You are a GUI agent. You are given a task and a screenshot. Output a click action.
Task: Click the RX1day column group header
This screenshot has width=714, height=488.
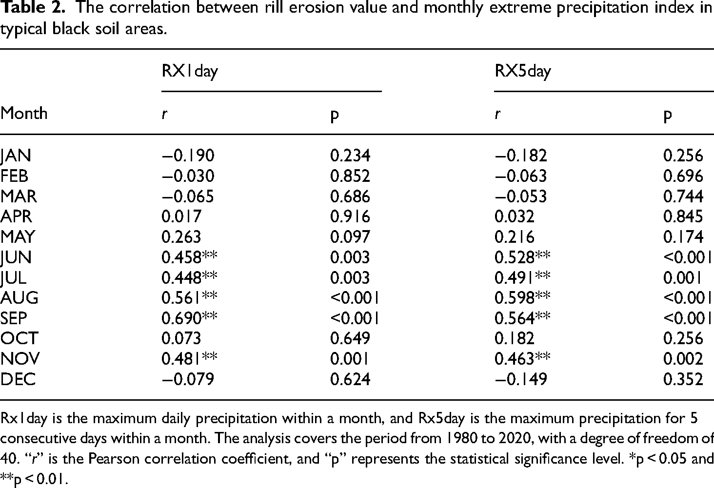point(190,71)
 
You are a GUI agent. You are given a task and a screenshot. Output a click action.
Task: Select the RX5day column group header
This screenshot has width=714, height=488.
point(523,71)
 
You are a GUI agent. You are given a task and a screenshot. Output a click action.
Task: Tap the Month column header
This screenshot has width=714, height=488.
point(24,113)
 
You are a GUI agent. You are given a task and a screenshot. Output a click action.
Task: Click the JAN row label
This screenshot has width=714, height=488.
point(16,156)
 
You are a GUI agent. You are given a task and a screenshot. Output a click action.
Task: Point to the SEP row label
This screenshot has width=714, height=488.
point(14,318)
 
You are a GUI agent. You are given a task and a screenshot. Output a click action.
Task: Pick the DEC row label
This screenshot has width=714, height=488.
point(18,379)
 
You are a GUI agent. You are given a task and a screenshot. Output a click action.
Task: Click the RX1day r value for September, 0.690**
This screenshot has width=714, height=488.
point(189,317)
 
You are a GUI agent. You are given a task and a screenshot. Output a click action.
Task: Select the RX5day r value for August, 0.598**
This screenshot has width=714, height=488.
point(522,297)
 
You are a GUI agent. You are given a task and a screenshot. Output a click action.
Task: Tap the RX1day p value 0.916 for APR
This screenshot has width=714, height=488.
point(350,216)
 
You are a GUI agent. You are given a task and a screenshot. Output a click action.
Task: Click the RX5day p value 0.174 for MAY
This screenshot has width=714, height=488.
point(683,236)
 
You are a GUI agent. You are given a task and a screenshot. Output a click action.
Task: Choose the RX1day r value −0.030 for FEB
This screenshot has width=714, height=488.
point(188,176)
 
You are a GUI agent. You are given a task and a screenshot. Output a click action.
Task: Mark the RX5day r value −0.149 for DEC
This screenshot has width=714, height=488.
point(521,379)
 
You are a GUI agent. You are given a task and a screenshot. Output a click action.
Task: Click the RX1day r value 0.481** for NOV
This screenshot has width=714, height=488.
point(189,358)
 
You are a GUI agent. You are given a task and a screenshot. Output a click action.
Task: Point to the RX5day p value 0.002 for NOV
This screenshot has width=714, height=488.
point(683,359)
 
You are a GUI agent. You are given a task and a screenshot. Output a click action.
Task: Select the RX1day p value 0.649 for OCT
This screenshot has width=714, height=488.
point(350,338)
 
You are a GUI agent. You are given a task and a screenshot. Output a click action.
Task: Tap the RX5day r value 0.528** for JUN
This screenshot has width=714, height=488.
point(522,257)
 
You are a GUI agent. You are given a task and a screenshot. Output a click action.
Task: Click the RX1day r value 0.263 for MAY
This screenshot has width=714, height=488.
point(181,236)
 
